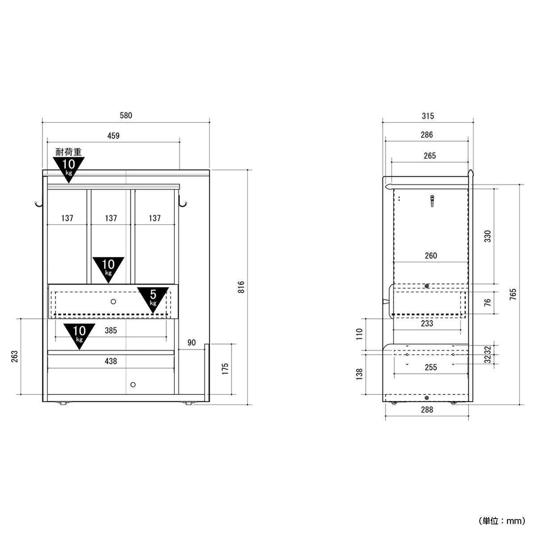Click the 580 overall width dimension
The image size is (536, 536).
click(126, 115)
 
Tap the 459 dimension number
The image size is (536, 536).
click(113, 136)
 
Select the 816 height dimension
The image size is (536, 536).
click(241, 287)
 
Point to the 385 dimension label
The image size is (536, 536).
click(111, 331)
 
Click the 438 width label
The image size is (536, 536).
click(111, 361)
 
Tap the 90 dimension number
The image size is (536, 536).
click(192, 343)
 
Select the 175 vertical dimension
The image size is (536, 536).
click(225, 369)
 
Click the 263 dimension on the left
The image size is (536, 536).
click(14, 356)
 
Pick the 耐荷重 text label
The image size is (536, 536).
click(68, 152)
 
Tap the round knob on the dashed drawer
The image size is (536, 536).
click(113, 301)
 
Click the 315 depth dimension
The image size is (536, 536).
click(428, 116)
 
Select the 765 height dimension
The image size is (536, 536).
click(513, 294)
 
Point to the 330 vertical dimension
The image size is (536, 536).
click(488, 236)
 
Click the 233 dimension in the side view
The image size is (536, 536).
click(427, 323)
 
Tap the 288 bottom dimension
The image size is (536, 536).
click(427, 410)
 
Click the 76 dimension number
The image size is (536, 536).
click(487, 303)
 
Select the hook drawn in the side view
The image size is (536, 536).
click(432, 201)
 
